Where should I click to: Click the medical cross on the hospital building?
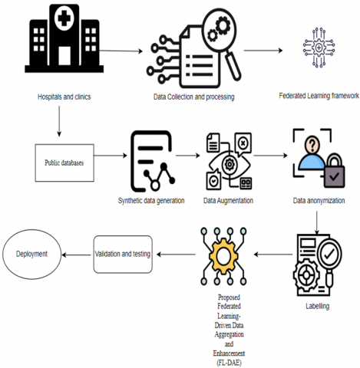64,18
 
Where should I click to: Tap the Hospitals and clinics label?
64,97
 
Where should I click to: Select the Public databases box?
64,163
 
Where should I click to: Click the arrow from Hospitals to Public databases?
59,121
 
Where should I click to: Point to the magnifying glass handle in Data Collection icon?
233,66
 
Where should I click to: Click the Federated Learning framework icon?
319,48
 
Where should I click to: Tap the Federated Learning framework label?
319,96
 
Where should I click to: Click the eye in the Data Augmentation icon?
230,164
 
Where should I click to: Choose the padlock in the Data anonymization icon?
335,171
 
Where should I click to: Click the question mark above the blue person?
312,144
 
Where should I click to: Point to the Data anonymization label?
319,201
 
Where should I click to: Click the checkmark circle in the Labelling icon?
329,254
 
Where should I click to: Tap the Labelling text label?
318,306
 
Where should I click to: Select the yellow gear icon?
223,256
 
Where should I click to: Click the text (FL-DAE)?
229,363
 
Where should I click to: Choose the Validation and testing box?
123,255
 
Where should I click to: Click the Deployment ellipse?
32,255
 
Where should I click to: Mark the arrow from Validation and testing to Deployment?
76,255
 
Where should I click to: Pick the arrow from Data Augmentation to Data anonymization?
270,156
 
